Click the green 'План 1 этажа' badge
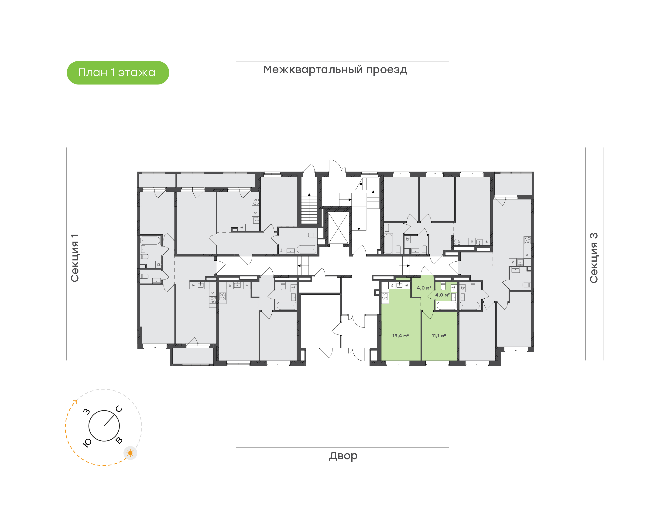pos(118,73)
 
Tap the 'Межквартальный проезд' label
pos(335,70)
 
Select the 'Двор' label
pos(343,456)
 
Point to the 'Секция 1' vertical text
pos(75,258)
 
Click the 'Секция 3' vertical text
pos(594,258)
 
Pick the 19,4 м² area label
pos(400,336)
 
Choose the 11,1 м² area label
pos(439,336)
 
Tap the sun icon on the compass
pos(130,453)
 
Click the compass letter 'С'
pos(119,409)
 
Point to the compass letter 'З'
pos(87,411)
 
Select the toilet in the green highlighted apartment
pos(443,286)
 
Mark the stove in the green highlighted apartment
pos(385,297)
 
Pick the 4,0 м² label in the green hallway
pos(424,288)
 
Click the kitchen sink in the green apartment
pos(400,285)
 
